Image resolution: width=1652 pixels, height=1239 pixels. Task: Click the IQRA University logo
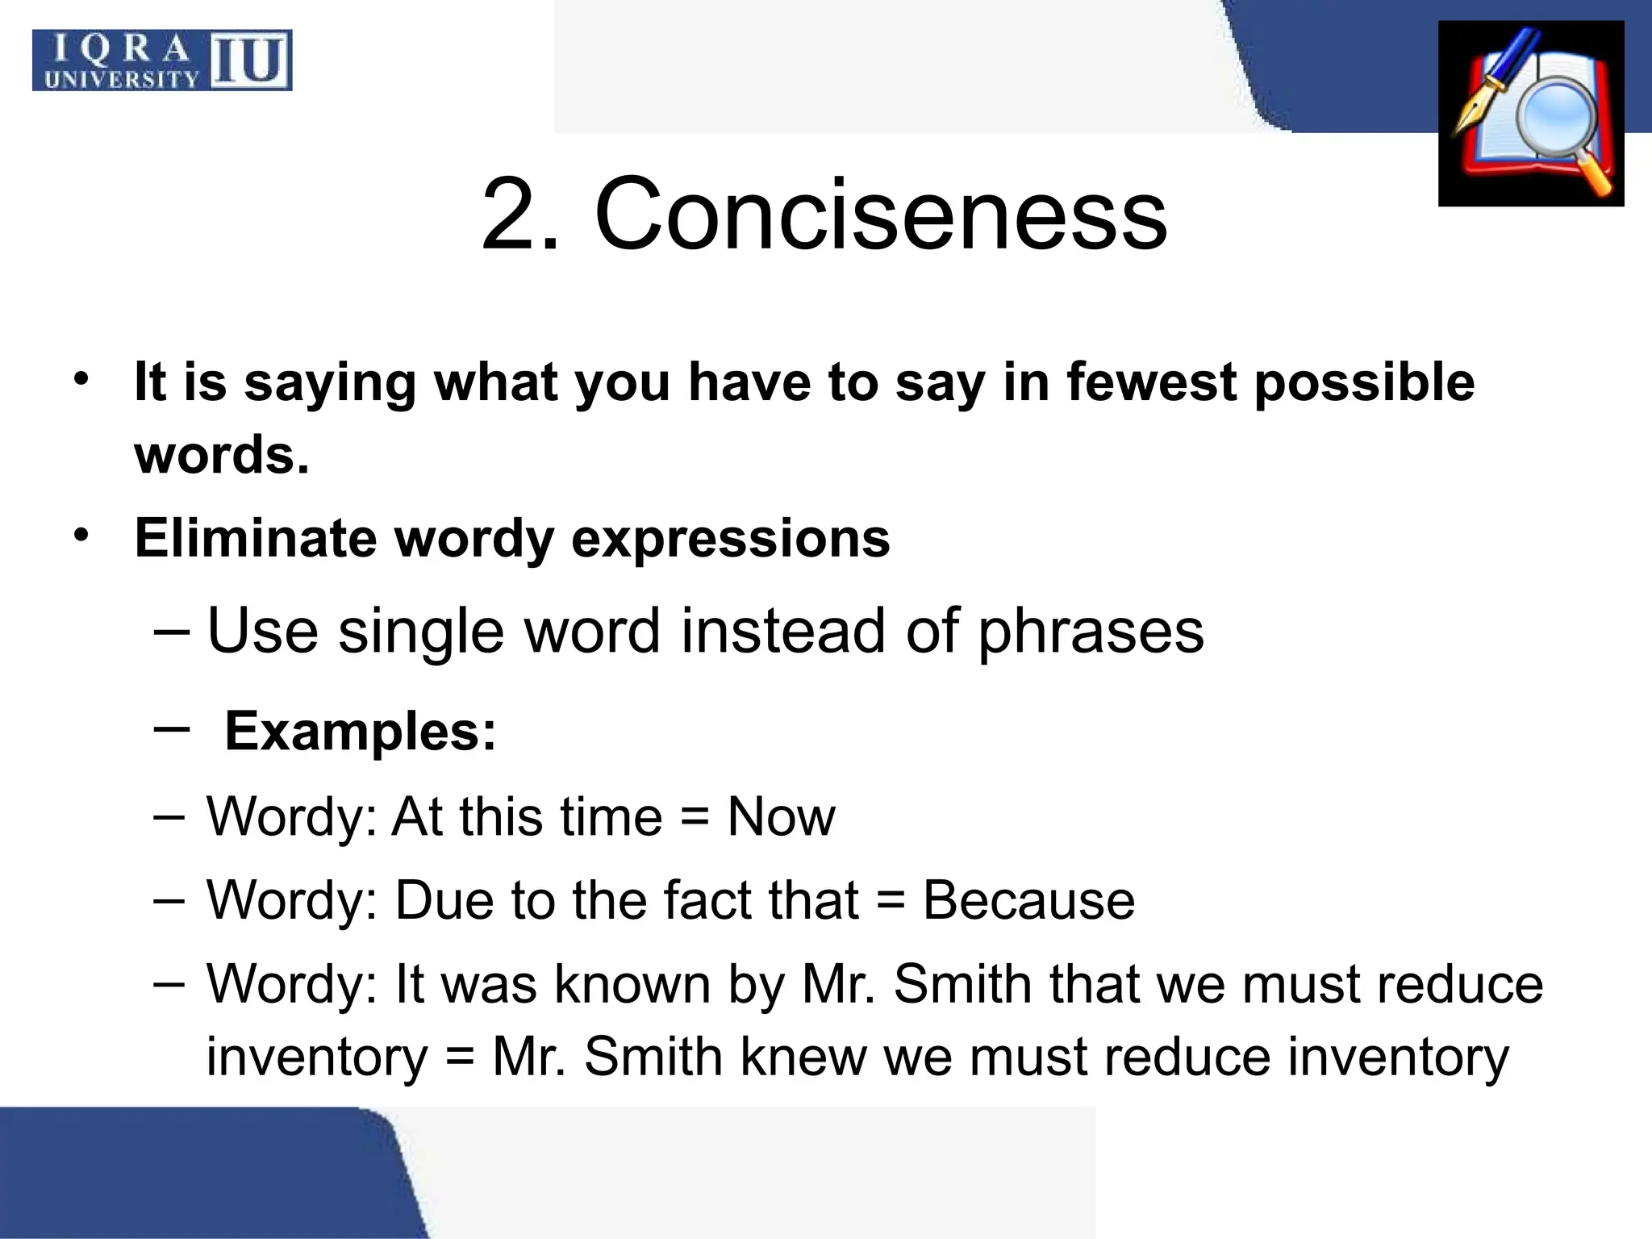162,60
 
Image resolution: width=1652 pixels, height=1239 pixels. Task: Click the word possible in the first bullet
1364,384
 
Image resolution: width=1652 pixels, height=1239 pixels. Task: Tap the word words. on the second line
222,455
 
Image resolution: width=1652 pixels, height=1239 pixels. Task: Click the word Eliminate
255,538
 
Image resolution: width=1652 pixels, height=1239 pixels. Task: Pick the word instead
783,631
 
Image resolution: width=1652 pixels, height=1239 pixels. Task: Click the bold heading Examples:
360,732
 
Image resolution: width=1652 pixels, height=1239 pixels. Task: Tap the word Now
781,817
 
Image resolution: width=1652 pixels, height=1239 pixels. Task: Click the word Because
1028,900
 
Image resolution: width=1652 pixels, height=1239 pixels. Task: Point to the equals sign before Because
890,902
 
